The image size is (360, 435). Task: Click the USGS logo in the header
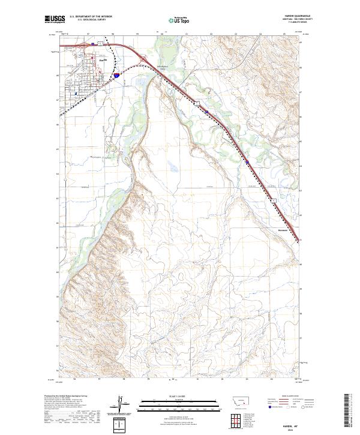(x=53, y=20)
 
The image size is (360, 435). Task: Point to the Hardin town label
(x=102, y=59)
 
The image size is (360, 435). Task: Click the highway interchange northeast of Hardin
(x=144, y=58)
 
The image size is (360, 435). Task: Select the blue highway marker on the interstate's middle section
(x=247, y=161)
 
